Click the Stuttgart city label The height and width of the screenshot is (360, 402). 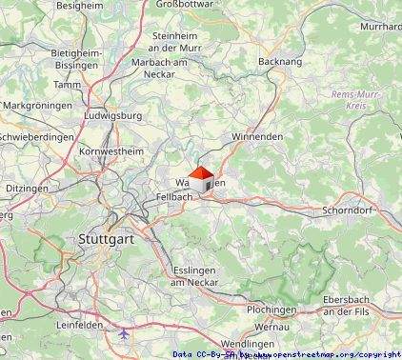pyautogui.click(x=106, y=238)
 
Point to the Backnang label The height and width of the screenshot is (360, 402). pyautogui.click(x=277, y=61)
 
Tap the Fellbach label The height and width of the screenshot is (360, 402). pyautogui.click(x=173, y=196)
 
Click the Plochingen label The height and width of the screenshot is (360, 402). pyautogui.click(x=271, y=310)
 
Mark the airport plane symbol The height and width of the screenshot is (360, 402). pyautogui.click(x=126, y=335)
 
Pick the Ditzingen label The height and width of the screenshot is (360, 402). pyautogui.click(x=27, y=189)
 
